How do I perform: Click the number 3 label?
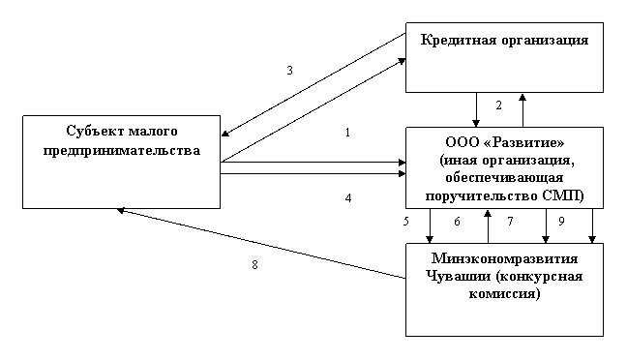tap(290, 71)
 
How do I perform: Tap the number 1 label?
tap(347, 133)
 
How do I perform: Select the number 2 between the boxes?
tap(498, 105)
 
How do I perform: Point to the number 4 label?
tap(348, 198)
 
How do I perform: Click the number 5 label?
tap(406, 222)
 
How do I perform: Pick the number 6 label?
tap(457, 222)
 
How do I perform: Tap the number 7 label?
tap(510, 222)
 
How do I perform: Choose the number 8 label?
tap(254, 265)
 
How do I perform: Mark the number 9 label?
tap(561, 222)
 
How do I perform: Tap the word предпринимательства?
tap(122, 150)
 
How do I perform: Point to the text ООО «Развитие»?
tap(505, 142)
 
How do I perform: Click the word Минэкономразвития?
tap(505, 258)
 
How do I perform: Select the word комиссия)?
tap(505, 294)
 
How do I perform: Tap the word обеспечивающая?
tap(504, 178)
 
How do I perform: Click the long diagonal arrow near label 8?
tap(261, 243)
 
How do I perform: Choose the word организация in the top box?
tap(540, 41)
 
